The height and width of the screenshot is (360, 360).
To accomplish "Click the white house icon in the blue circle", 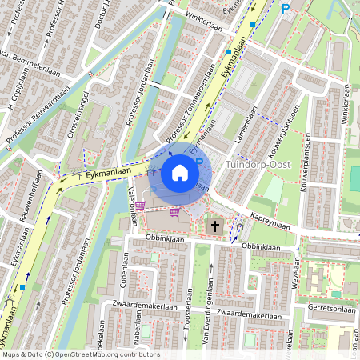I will click(x=180, y=172).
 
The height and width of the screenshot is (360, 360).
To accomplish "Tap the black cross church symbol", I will click(x=214, y=226).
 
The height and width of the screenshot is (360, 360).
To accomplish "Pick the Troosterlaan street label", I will click(x=189, y=317).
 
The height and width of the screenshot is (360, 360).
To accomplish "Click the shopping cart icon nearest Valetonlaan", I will click(x=141, y=206).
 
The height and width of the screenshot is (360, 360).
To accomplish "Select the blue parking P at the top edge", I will click(x=286, y=9).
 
